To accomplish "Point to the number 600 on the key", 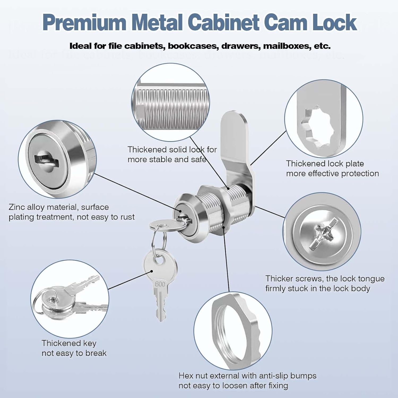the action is click(160, 284).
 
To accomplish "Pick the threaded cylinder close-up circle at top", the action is click(171, 102).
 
